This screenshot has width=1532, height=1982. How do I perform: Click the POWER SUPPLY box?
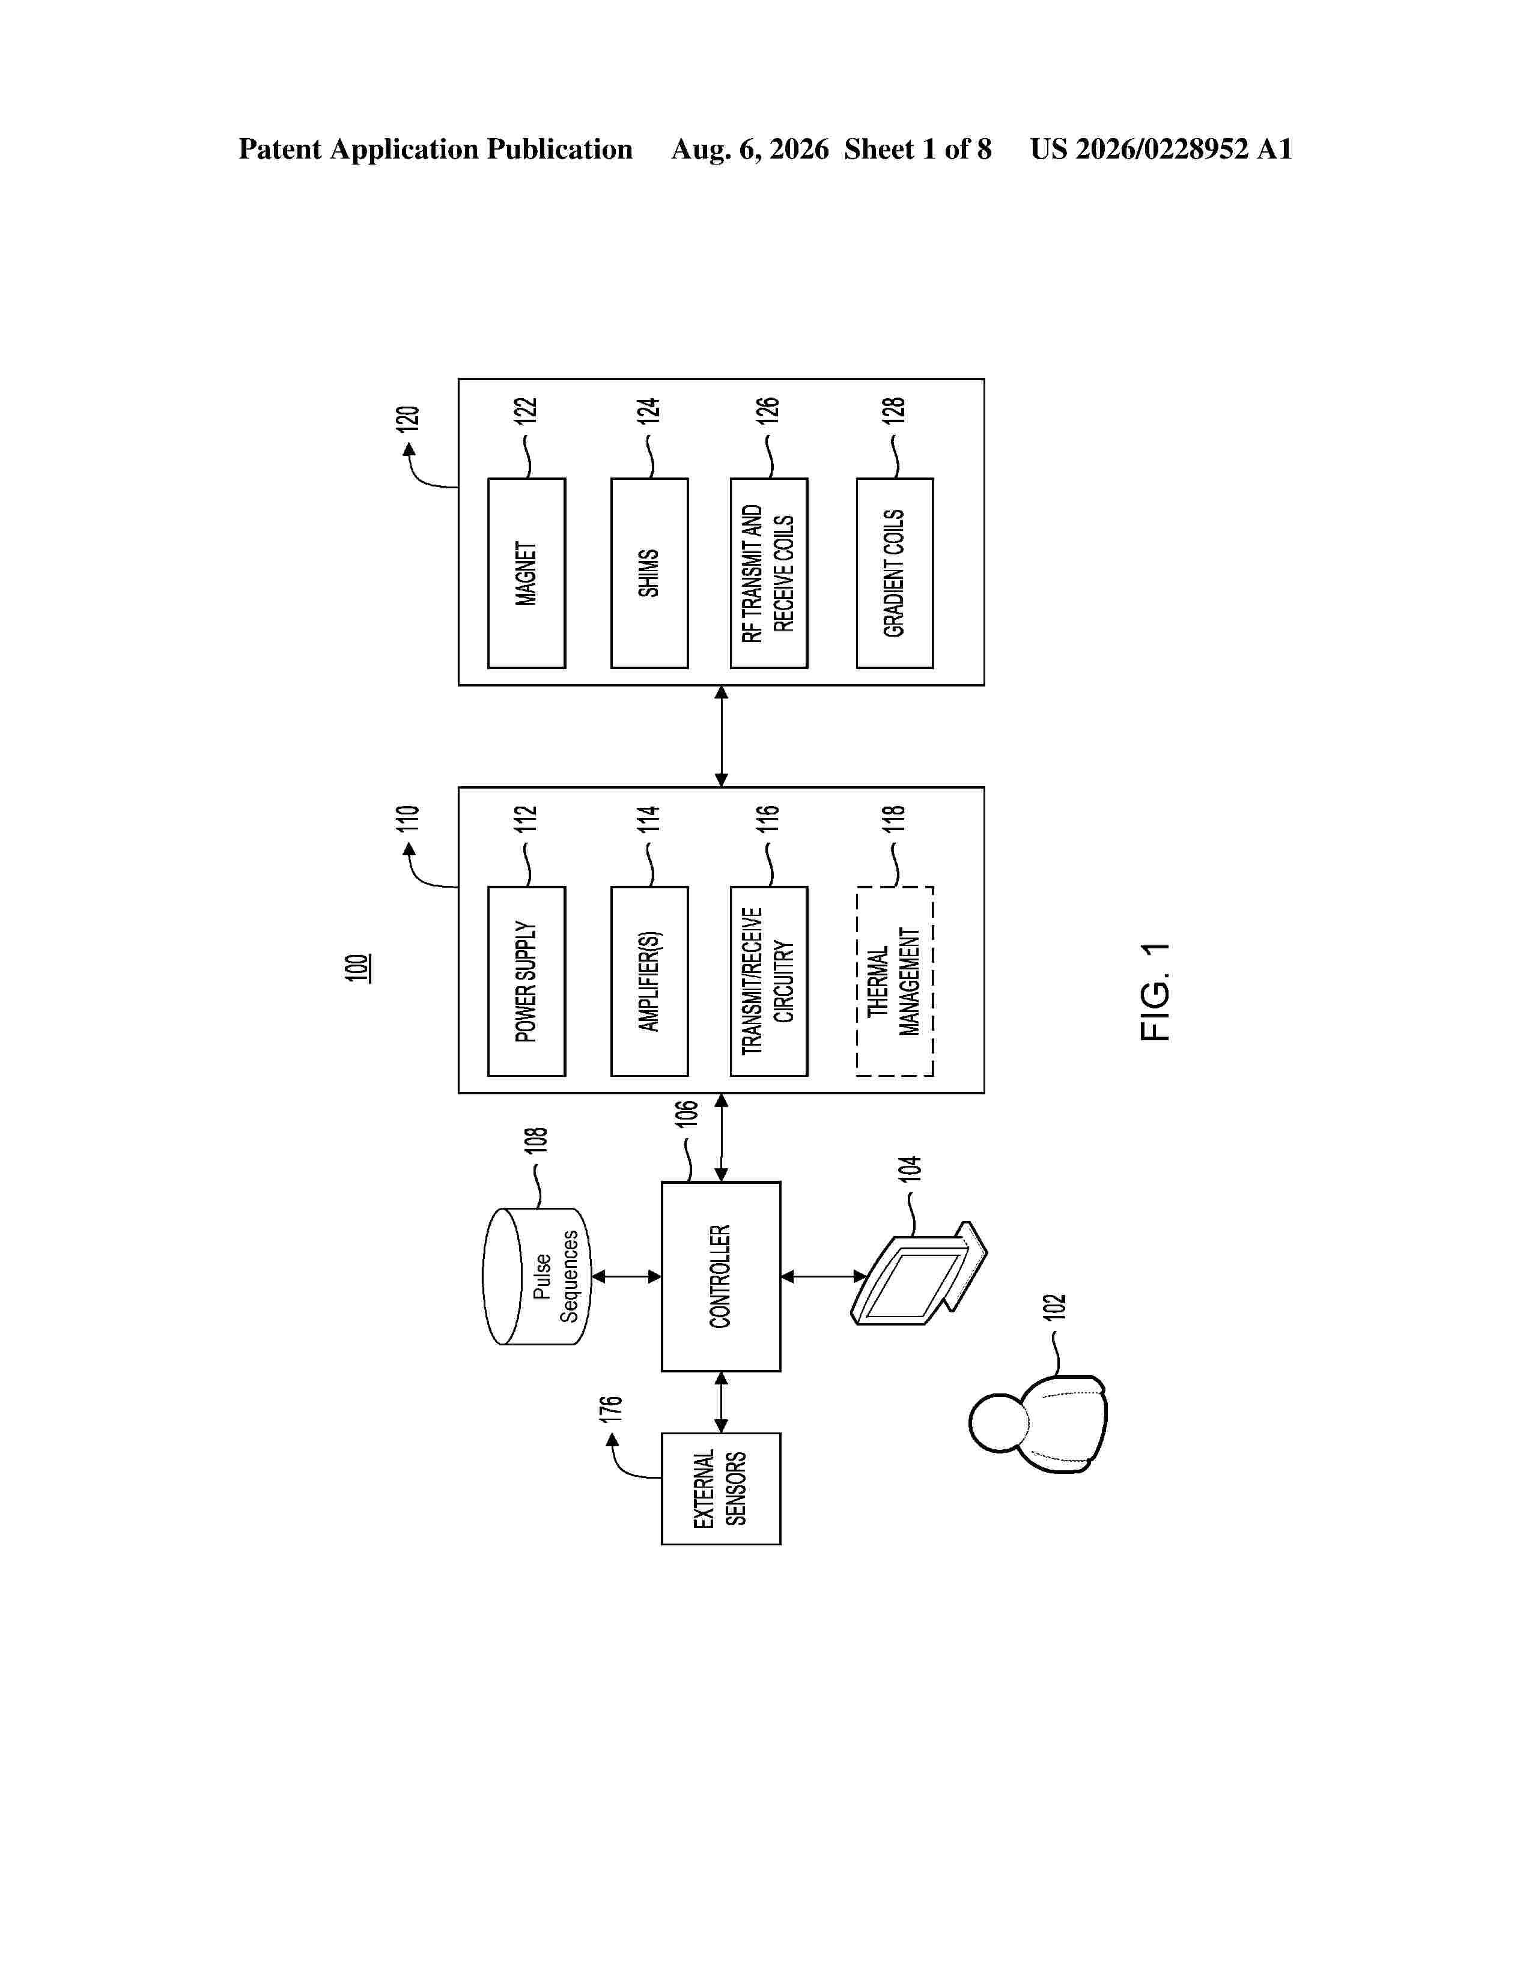(526, 981)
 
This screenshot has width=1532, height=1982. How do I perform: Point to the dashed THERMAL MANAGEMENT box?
(895, 981)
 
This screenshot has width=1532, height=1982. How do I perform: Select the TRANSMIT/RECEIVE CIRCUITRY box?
(769, 981)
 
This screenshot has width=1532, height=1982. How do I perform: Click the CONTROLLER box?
(720, 1276)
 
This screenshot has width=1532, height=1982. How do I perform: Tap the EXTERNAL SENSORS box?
(720, 1488)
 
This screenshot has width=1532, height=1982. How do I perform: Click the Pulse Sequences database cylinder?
(537, 1276)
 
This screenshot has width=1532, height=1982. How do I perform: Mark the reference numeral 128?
(894, 410)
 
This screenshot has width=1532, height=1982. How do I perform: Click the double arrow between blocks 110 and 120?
(720, 736)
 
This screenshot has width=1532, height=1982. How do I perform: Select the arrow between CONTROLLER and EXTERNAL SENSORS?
(720, 1402)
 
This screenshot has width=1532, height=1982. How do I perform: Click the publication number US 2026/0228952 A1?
(1161, 149)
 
